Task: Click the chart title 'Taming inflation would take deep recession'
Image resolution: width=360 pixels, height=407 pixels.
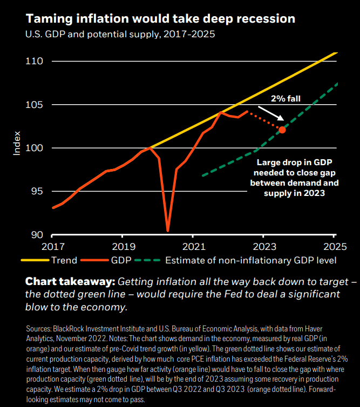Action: pos(160,19)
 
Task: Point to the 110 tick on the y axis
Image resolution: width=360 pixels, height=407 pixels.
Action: pos(34,61)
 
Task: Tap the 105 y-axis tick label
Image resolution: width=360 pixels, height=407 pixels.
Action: pos(34,105)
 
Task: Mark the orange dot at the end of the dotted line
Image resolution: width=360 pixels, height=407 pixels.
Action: pos(282,130)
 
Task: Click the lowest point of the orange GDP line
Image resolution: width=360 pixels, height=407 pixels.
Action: pos(168,230)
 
